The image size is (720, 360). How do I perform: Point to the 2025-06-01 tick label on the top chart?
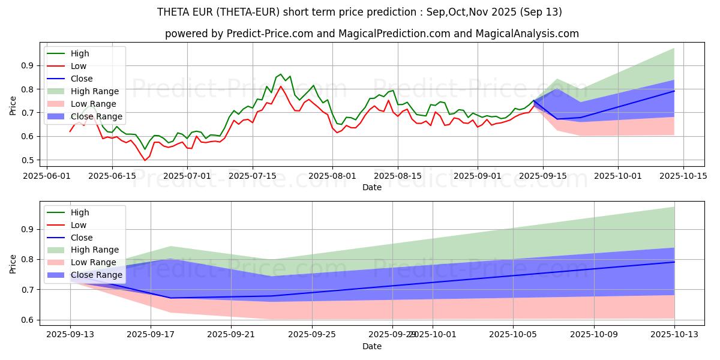pos(47,176)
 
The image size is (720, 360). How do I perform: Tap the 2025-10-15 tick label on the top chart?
pos(683,176)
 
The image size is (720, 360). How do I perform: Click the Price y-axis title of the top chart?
pos(13,106)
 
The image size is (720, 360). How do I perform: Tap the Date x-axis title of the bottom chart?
pos(373,347)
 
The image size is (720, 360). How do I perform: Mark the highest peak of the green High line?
pos(280,74)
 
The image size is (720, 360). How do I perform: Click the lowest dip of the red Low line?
pos(145,160)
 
